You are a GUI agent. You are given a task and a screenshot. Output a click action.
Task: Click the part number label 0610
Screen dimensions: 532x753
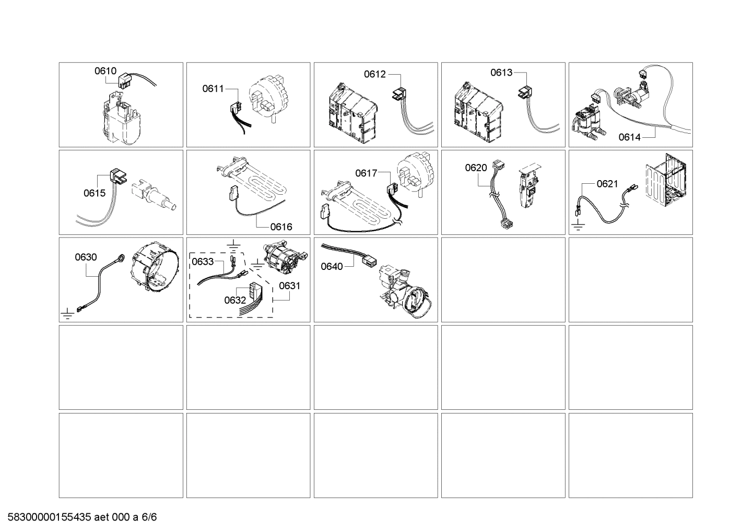click(x=105, y=71)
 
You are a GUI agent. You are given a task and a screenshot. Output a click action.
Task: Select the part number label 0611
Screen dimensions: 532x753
click(x=213, y=89)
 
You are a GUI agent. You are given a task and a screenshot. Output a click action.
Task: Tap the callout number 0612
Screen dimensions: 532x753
click(x=375, y=74)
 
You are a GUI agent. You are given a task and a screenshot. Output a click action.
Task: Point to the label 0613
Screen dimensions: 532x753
click(x=501, y=73)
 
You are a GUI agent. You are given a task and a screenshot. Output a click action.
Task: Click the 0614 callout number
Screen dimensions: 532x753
click(x=629, y=137)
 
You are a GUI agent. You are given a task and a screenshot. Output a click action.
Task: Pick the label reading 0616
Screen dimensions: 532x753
click(x=281, y=227)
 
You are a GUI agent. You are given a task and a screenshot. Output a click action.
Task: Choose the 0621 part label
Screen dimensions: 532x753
click(x=607, y=184)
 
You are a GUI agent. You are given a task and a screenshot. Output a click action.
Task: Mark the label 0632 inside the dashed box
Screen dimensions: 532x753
click(x=235, y=300)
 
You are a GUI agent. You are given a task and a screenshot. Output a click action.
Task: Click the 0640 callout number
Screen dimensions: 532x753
click(x=332, y=267)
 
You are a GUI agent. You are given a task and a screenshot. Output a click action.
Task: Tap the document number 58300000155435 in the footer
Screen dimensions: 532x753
click(x=48, y=517)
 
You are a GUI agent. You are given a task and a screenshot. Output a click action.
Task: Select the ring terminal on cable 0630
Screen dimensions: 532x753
click(x=121, y=257)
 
